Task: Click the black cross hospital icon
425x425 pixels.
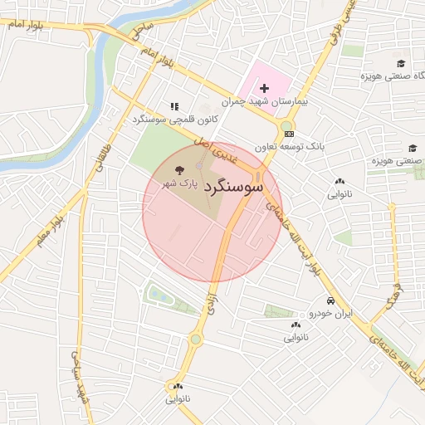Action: click(265, 88)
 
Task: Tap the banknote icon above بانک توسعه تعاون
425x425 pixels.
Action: click(288, 134)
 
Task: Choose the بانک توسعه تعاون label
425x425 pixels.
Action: click(312, 145)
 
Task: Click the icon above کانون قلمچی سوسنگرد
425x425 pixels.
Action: click(174, 106)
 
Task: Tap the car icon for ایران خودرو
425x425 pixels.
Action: click(330, 300)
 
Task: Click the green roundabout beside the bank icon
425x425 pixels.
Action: click(286, 126)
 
